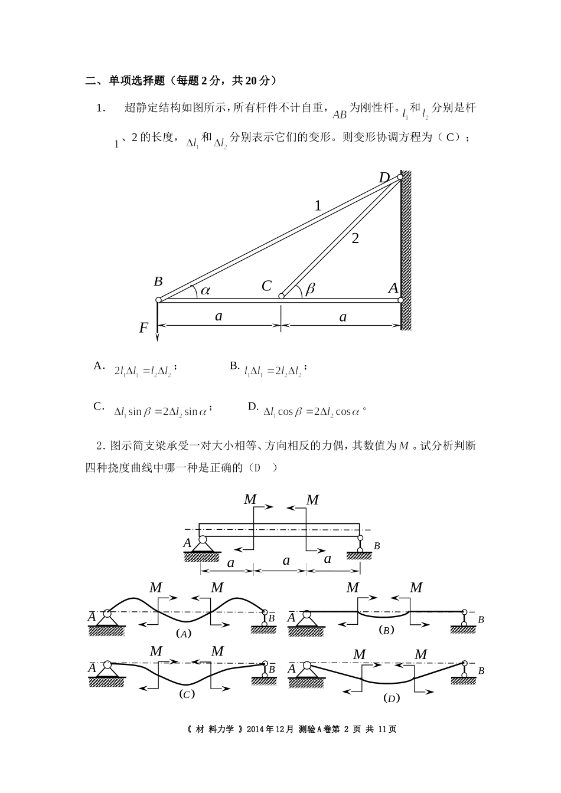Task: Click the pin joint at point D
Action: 400,177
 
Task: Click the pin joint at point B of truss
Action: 158,300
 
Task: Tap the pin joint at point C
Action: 281,296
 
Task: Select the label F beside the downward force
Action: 143,328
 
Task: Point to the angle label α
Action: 206,290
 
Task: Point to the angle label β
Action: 310,289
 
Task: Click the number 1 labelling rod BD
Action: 318,206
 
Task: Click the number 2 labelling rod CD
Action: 355,238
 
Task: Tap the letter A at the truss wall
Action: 393,288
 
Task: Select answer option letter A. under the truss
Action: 99,366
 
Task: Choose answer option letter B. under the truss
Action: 234,366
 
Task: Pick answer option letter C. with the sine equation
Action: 99,407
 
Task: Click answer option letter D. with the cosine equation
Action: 253,407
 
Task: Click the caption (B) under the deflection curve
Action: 386,630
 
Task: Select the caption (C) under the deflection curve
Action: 187,694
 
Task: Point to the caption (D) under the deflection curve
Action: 391,698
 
